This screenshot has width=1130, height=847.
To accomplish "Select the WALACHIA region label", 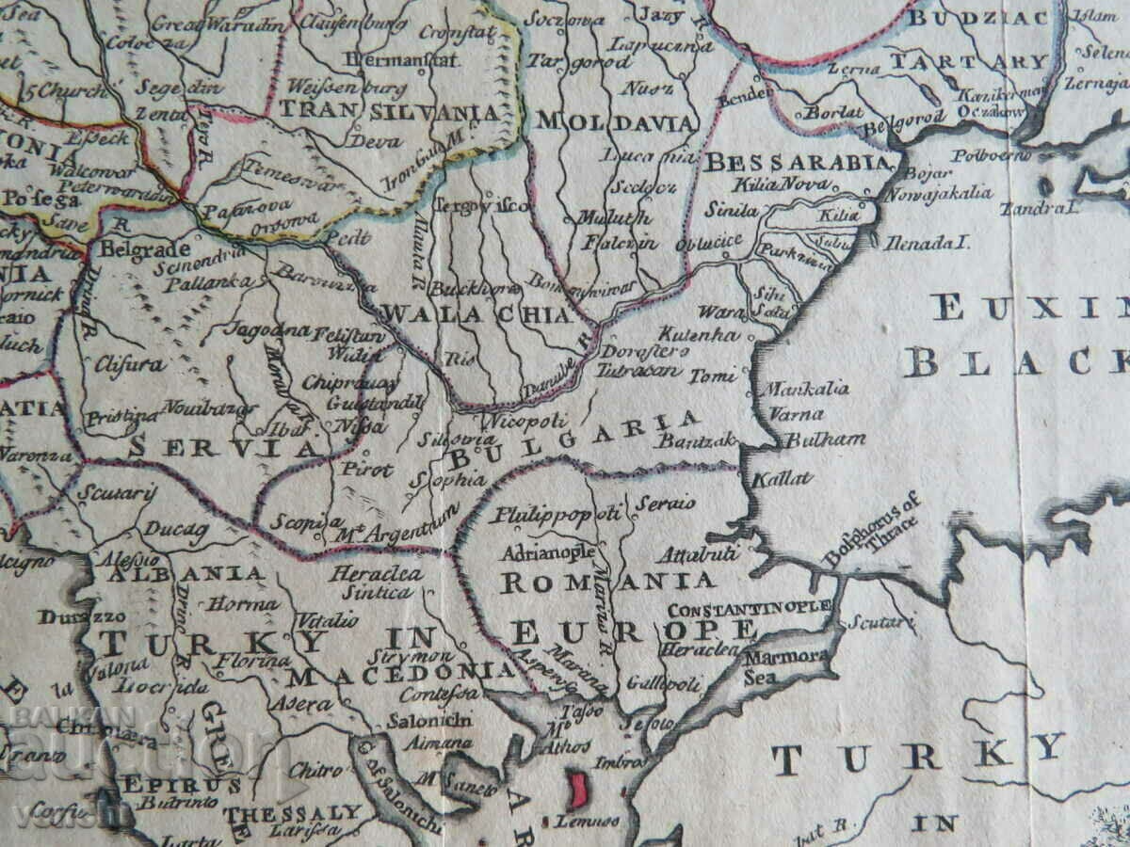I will coord(477,314).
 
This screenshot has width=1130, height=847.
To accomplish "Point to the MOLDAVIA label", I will coord(616,122).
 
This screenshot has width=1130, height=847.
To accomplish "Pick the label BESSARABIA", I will coord(797,162).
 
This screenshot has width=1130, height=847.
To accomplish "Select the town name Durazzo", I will coord(69,618).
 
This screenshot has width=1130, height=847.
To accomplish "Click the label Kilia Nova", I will coord(766,184).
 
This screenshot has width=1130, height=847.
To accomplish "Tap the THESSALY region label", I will coord(293,811).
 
